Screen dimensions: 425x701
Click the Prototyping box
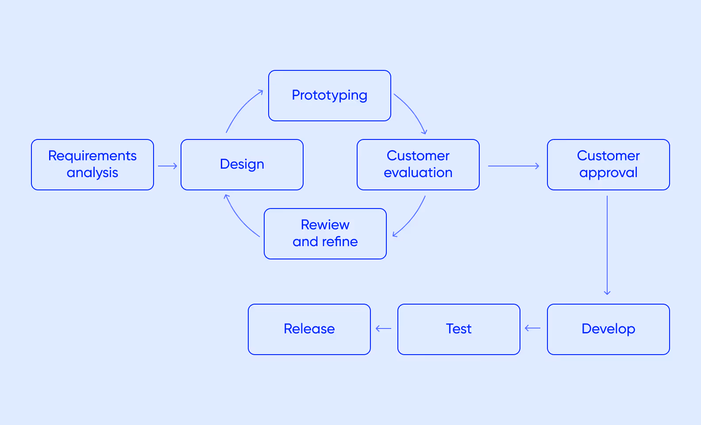click(329, 96)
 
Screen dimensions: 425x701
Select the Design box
click(242, 165)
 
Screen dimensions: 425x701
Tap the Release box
click(309, 329)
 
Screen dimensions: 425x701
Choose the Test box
click(458, 329)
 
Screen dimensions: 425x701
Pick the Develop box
click(608, 329)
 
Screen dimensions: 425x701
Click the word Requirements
click(92, 156)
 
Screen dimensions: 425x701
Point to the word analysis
click(92, 173)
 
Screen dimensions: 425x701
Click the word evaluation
click(418, 173)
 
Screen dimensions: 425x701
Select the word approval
click(608, 173)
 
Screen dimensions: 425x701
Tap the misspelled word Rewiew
click(325, 225)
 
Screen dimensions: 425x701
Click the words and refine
click(325, 242)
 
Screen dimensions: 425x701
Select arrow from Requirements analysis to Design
click(167, 166)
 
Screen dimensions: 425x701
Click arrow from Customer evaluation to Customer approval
click(513, 166)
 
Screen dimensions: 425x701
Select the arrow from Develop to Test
click(532, 328)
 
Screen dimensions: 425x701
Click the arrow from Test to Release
click(383, 328)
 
